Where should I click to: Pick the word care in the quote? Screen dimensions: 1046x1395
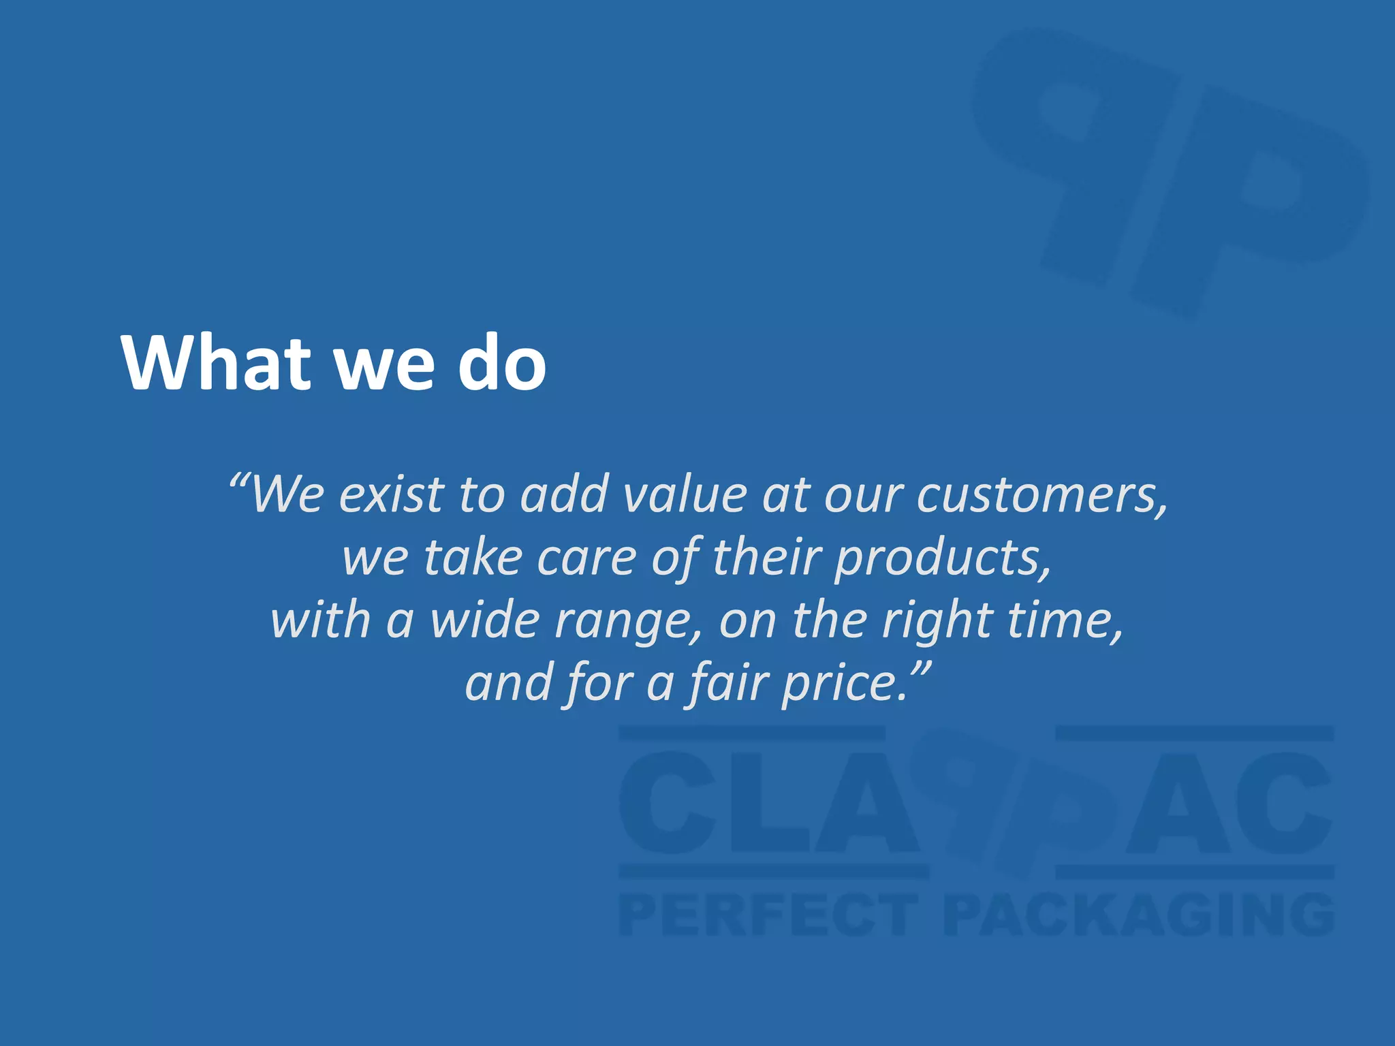coord(586,558)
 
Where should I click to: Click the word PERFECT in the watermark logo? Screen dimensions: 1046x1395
coord(768,916)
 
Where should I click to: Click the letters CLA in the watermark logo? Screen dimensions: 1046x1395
coord(770,804)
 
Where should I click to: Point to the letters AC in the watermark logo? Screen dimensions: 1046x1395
coord(1226,804)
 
